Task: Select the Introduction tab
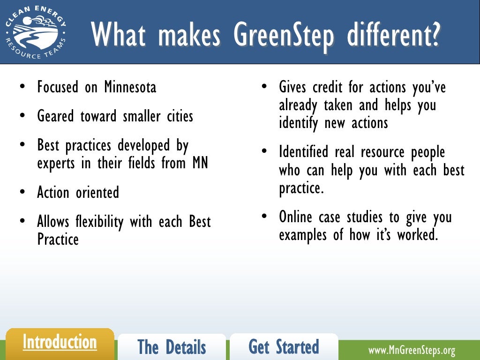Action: [x=60, y=342]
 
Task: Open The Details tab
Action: [x=172, y=347]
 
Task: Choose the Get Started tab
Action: [x=284, y=347]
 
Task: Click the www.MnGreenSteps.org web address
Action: [x=412, y=350]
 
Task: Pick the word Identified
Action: [x=303, y=152]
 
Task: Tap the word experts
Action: [x=55, y=164]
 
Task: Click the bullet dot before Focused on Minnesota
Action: [x=22, y=88]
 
